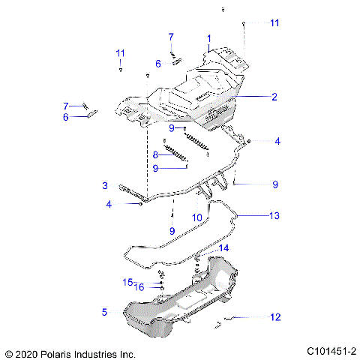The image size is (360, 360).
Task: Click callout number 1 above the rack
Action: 209,37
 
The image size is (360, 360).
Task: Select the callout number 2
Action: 274,97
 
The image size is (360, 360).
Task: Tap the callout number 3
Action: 106,185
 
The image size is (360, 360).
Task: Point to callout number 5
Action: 105,311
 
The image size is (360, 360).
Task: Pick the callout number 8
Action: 155,154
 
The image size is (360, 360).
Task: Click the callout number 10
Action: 197,217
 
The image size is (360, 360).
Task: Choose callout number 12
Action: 275,317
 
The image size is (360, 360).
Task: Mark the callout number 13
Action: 274,215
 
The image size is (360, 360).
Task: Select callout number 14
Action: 223,248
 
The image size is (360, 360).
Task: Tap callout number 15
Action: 127,282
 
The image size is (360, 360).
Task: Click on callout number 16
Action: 139,287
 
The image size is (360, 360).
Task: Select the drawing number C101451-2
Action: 331,352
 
